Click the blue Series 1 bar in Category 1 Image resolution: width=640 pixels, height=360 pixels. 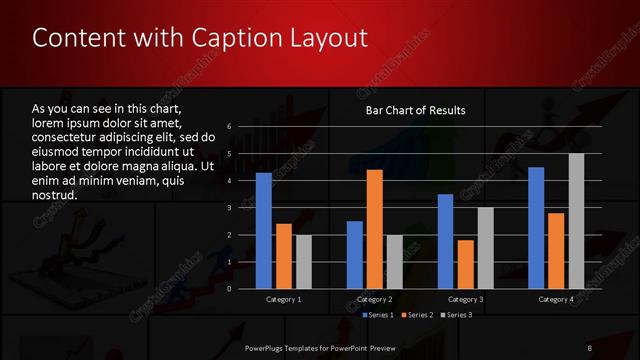(263, 231)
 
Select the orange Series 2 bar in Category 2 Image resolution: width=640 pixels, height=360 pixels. (374, 229)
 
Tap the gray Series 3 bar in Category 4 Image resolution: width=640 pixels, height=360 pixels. (576, 221)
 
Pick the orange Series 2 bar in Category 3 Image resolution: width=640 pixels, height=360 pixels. (465, 264)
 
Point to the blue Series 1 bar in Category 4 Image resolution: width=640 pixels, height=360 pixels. (536, 228)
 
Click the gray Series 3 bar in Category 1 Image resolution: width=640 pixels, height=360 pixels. (303, 262)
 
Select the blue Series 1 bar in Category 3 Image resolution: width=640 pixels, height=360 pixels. (445, 241)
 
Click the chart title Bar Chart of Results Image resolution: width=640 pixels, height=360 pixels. (414, 111)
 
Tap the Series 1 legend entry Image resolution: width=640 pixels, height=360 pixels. (377, 315)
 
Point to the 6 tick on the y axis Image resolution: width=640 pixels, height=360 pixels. (230, 127)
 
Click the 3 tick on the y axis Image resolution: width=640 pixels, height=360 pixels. (230, 208)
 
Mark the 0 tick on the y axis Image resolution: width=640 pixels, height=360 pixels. (230, 289)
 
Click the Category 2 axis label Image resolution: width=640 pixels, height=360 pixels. (374, 299)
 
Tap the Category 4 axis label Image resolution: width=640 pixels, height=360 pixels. (556, 299)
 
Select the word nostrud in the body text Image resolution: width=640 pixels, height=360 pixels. (54, 196)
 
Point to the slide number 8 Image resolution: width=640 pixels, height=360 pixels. (589, 347)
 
